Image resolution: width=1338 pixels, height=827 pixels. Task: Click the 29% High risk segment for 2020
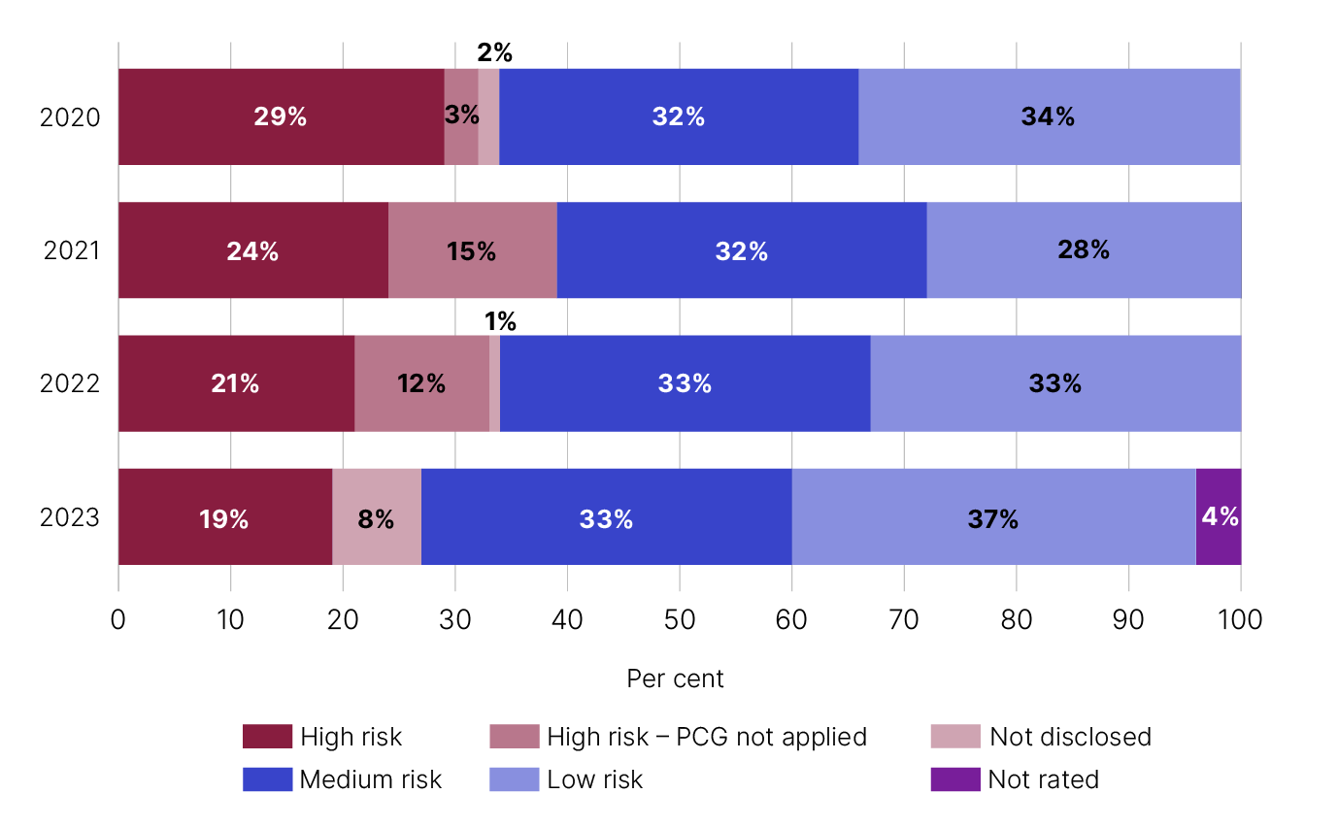(x=281, y=116)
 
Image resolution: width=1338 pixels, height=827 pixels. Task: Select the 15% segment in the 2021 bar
(x=472, y=250)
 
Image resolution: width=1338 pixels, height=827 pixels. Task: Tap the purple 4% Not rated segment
(x=1219, y=516)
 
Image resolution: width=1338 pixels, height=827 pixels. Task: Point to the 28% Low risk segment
(x=1084, y=250)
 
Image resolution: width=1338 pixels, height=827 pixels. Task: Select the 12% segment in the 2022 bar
(x=421, y=383)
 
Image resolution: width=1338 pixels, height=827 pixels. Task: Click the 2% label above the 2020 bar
(x=494, y=52)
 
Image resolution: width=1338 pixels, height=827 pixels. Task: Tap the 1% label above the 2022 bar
(x=500, y=321)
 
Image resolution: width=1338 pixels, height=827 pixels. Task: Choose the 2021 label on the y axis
(x=72, y=251)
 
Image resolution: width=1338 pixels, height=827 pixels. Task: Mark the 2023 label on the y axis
(x=70, y=518)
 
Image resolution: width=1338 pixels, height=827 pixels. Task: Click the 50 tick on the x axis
(x=679, y=619)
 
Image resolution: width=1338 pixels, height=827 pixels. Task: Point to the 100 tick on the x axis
(x=1240, y=619)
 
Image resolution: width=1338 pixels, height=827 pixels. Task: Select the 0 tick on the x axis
(x=118, y=619)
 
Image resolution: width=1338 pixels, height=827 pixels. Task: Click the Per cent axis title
(x=675, y=678)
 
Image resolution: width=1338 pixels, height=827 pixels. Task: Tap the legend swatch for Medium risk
(x=267, y=778)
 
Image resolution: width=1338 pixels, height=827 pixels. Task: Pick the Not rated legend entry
(x=1043, y=778)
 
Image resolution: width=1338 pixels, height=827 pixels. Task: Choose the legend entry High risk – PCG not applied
(x=706, y=737)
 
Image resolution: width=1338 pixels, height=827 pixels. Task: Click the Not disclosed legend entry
(x=1070, y=737)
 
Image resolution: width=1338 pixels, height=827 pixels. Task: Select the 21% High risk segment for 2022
(x=235, y=383)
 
